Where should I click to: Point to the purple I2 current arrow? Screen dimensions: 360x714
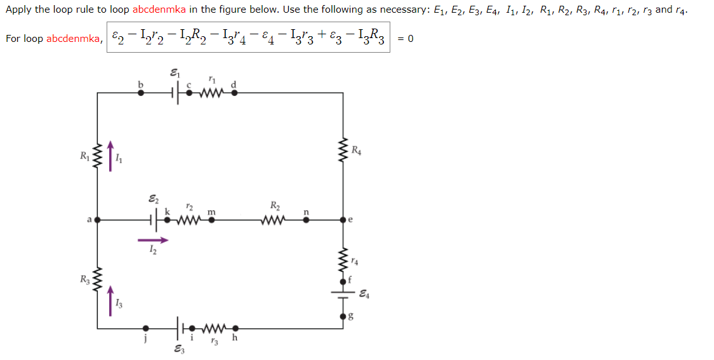point(153,240)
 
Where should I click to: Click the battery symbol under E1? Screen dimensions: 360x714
point(175,93)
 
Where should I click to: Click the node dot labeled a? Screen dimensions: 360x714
point(98,220)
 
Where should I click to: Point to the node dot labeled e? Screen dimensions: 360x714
point(344,220)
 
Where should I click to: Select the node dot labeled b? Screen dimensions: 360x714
point(141,93)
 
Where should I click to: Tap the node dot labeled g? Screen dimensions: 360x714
point(344,315)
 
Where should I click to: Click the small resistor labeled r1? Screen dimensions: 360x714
point(212,93)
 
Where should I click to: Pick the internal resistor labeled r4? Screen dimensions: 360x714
point(344,259)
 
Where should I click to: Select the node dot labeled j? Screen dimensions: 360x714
point(147,328)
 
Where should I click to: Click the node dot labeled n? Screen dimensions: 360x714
point(306,220)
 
